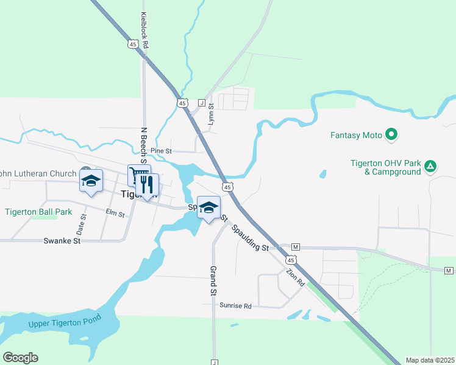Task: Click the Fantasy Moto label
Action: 356,135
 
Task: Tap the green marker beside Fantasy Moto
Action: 392,135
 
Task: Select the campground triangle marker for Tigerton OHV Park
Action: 430,166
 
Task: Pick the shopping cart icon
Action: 137,175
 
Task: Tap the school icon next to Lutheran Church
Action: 91,181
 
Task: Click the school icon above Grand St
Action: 208,208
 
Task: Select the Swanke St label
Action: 62,241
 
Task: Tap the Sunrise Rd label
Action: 235,306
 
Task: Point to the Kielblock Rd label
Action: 145,30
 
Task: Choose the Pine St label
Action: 162,150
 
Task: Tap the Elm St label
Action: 115,214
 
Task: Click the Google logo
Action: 20,358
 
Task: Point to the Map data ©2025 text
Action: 430,360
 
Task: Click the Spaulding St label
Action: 251,238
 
